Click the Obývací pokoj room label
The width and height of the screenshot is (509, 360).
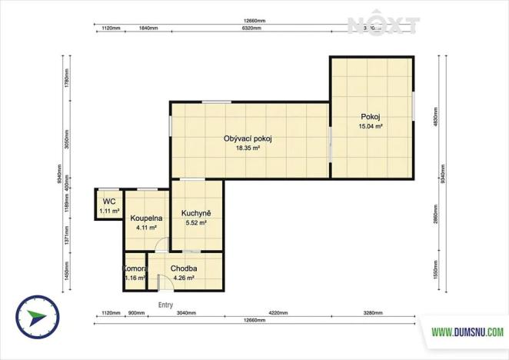point(248,138)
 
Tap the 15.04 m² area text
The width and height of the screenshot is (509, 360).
point(371,126)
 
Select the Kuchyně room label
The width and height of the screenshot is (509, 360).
point(196,213)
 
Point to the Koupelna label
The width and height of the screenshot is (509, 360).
point(145,218)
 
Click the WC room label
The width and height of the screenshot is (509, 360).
point(108,202)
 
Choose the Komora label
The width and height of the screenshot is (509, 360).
point(135,268)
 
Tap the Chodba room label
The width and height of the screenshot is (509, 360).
point(185,268)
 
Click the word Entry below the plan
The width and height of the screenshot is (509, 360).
point(165,305)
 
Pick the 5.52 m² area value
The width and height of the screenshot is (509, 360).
point(197,223)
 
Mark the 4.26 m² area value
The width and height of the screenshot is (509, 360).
point(185,278)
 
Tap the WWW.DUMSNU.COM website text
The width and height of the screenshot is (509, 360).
point(467,332)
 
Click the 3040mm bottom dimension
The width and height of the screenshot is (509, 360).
point(185,314)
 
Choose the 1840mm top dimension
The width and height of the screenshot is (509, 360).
point(148,28)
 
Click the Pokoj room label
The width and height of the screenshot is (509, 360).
point(370,117)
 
